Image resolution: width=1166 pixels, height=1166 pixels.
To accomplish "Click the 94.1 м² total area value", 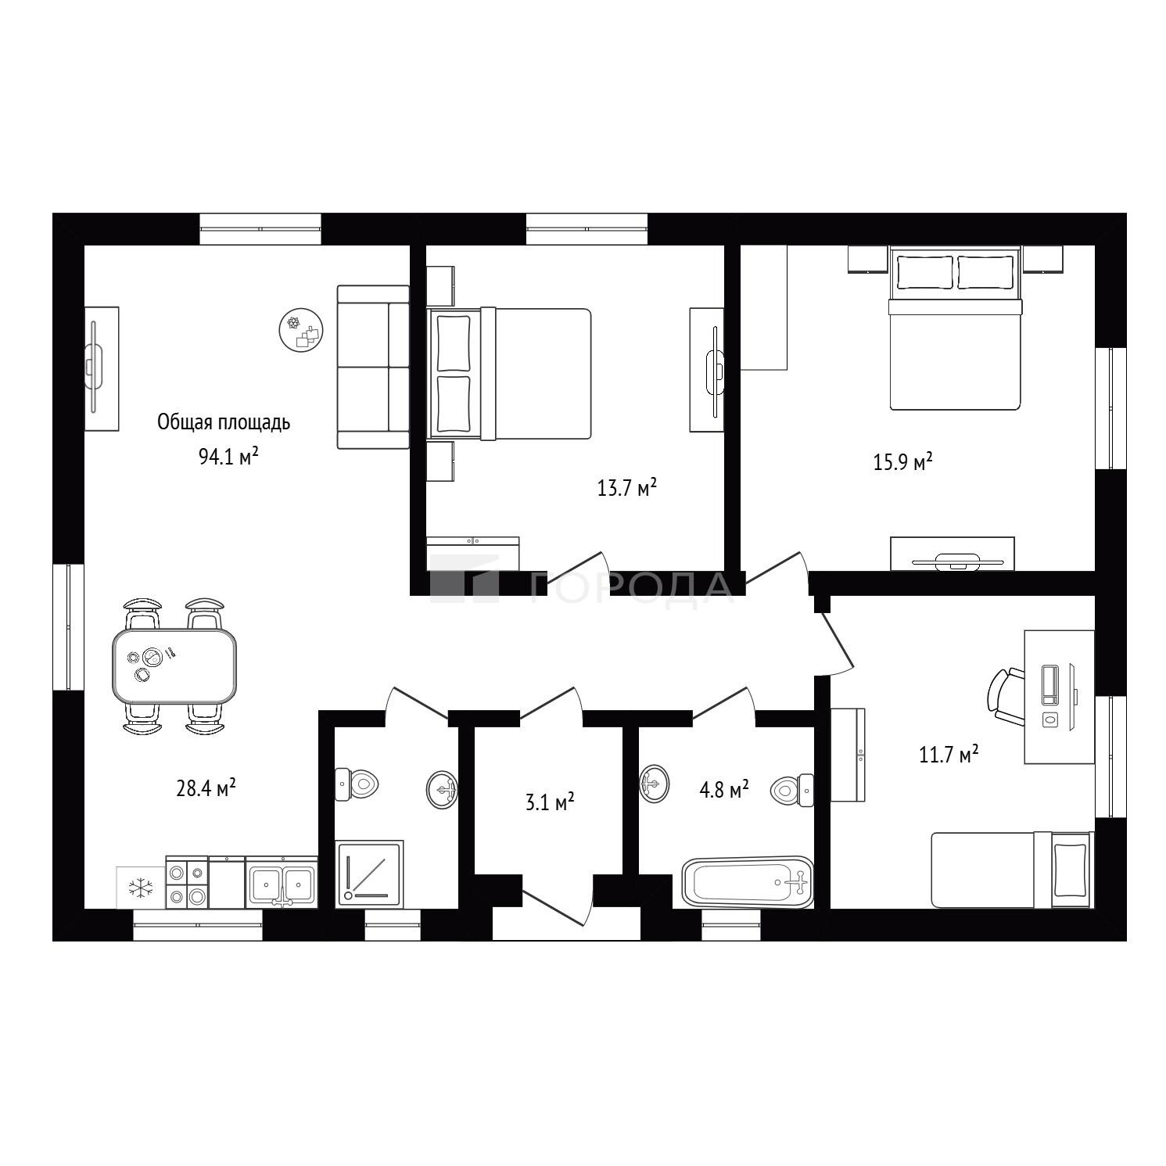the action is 228,456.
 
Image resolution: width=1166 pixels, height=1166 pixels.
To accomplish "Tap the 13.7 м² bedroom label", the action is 626,488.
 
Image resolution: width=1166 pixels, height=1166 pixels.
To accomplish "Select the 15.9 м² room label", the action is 902,461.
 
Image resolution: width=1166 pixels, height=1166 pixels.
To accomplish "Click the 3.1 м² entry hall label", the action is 551,802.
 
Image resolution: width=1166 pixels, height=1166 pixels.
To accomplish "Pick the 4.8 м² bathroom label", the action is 723,789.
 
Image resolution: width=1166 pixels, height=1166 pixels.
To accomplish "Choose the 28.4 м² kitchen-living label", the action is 206,787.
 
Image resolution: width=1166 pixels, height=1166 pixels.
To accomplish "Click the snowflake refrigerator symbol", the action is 141,888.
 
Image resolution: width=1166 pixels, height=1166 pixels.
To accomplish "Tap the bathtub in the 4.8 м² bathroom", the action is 748,881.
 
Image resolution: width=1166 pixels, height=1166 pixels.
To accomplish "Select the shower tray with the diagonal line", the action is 369,874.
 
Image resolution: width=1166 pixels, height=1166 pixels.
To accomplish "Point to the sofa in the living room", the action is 373,367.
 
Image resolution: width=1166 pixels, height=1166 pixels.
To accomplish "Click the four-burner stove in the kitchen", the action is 187,882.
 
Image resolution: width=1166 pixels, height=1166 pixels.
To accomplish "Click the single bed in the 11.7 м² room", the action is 1011,870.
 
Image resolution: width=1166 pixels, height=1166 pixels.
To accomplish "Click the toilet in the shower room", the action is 357,784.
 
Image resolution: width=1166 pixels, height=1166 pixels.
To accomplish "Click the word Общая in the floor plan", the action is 181,422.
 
